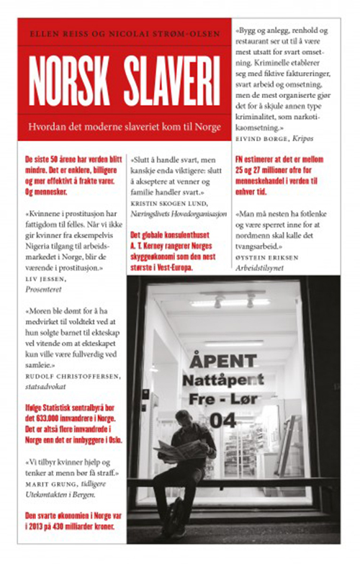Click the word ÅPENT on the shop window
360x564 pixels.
pyautogui.click(x=225, y=358)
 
